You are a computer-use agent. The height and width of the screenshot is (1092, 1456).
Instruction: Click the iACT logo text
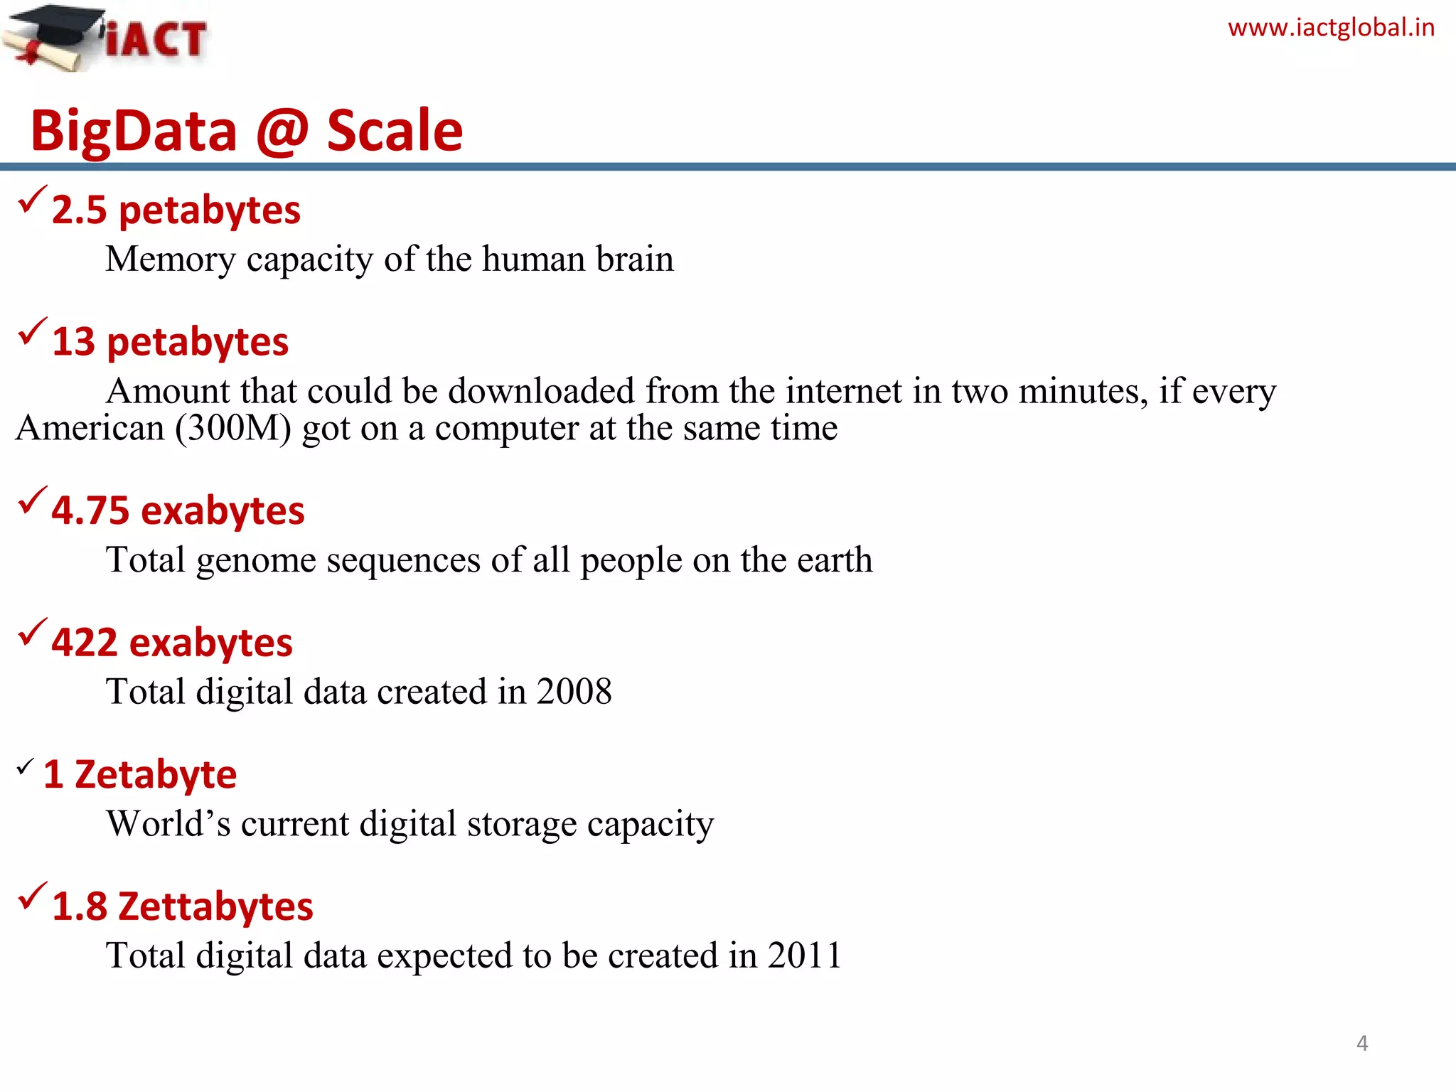point(156,39)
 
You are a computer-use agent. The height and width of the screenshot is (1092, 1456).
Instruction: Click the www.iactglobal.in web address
point(1331,28)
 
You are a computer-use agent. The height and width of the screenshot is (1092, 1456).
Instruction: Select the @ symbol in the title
point(282,131)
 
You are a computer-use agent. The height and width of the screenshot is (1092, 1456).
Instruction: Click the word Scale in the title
point(395,131)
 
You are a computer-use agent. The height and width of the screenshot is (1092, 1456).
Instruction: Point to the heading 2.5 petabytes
point(176,210)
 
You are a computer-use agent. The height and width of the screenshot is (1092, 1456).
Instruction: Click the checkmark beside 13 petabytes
point(32,331)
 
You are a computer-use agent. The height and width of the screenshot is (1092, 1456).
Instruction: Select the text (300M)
point(233,428)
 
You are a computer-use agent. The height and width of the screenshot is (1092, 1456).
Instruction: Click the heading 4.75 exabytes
point(178,511)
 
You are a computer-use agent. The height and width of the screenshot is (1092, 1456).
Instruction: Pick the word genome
point(256,561)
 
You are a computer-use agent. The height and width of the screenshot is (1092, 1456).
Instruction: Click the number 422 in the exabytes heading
point(84,643)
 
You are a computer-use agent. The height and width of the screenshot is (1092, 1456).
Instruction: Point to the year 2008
point(574,692)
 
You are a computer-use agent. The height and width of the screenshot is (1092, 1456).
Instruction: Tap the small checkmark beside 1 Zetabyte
point(25,766)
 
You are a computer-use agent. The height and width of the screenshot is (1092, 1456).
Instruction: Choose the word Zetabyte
point(155,775)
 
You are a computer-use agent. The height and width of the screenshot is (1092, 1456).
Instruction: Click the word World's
point(168,824)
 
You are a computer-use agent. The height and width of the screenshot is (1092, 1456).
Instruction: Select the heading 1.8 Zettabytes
point(182,907)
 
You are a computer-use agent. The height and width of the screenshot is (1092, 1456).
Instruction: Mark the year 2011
point(804,955)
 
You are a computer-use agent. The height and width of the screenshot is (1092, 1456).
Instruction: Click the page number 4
point(1362,1043)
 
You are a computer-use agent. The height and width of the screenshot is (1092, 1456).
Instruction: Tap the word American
point(90,428)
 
